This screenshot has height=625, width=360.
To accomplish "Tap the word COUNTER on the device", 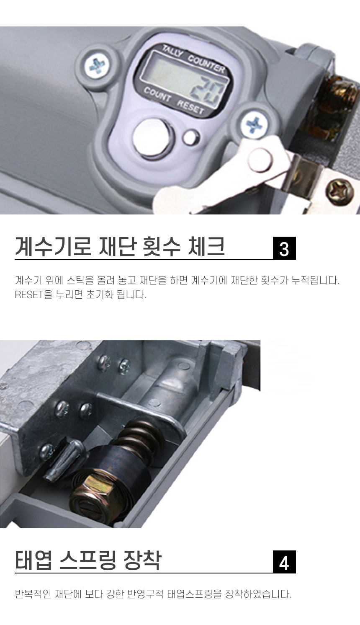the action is click(x=206, y=64).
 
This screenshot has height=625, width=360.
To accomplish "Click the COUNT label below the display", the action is click(x=157, y=94).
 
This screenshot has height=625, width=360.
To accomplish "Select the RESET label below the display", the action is click(x=190, y=106).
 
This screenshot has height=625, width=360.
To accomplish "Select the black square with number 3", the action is click(x=284, y=248).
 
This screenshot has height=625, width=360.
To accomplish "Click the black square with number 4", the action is click(x=284, y=562).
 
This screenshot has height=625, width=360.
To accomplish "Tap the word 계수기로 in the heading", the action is click(x=53, y=246).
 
